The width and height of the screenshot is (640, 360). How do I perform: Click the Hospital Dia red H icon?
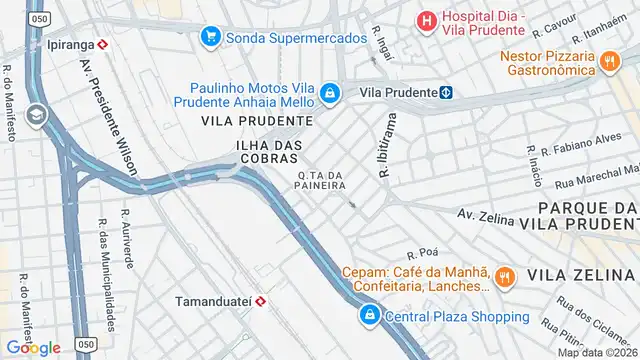(x=427, y=19)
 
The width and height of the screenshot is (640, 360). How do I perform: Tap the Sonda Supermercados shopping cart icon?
(x=210, y=38)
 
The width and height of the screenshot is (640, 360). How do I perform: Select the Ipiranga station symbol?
(x=103, y=45)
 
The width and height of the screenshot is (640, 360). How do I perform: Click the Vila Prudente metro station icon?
(x=447, y=93)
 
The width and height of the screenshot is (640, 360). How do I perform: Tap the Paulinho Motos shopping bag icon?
(x=331, y=94)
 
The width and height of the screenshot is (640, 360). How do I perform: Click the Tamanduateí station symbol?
(x=260, y=299)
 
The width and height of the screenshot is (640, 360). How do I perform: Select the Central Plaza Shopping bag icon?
(x=370, y=316)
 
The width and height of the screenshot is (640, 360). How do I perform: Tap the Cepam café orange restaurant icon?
(x=506, y=277)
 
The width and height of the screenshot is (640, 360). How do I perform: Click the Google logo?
(x=33, y=347)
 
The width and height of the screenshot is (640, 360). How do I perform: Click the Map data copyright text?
(x=598, y=352)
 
